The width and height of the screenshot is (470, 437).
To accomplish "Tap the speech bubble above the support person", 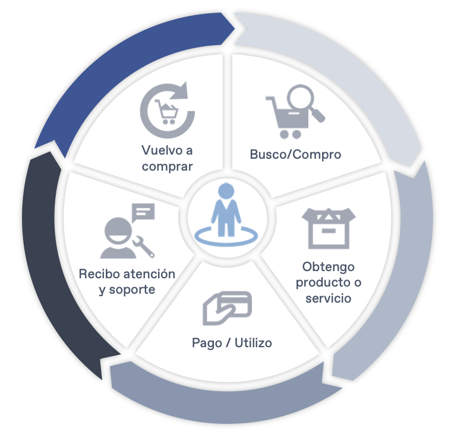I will coord(143,212).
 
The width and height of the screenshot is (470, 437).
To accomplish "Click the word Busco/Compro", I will coord(295,155).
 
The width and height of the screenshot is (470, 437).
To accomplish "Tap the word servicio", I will coord(328,297).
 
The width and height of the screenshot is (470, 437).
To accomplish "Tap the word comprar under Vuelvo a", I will coord(167,166).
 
